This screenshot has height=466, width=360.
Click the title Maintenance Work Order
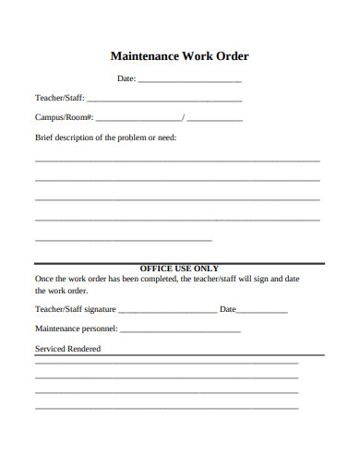tap(180, 56)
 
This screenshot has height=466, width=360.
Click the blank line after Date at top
tap(189, 80)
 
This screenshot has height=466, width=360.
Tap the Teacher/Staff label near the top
tap(58, 99)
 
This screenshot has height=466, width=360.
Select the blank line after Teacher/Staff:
tap(163, 100)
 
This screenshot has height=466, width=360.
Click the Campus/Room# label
tap(64, 118)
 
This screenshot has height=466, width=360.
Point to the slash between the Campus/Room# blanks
tap(184, 118)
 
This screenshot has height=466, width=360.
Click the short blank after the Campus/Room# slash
tap(214, 119)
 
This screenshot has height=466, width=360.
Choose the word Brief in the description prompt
tap(44, 137)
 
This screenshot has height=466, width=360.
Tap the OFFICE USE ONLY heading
tap(179, 269)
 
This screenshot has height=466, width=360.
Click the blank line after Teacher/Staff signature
tap(168, 311)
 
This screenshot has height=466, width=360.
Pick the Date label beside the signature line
tap(227, 309)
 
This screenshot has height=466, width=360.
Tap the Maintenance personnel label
tap(77, 329)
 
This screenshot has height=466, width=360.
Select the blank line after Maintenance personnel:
tap(180, 330)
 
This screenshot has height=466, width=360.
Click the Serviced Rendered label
tap(67, 350)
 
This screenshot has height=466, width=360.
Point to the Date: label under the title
tap(126, 79)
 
